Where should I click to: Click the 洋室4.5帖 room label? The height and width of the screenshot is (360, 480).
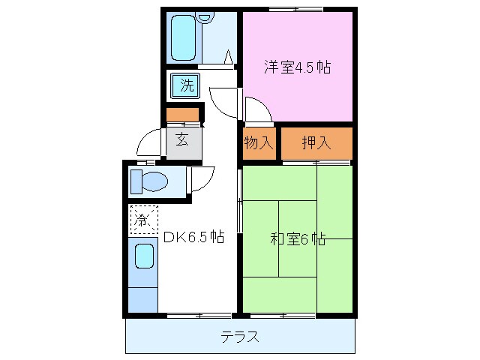(297, 67)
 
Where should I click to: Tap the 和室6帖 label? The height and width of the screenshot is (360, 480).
(297, 240)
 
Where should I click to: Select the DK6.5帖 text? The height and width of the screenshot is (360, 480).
(193, 238)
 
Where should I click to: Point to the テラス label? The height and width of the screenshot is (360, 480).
(240, 337)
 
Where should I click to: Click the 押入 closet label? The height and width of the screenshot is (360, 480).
(316, 142)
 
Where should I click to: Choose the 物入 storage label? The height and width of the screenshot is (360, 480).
(258, 142)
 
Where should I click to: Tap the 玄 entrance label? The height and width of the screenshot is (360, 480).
(182, 139)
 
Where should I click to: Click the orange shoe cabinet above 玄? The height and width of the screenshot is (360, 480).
(182, 115)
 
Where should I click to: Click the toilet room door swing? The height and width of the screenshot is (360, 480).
(201, 178)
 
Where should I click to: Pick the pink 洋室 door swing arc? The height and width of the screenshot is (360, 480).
(257, 111)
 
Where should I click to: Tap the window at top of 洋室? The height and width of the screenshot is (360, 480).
(295, 9)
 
